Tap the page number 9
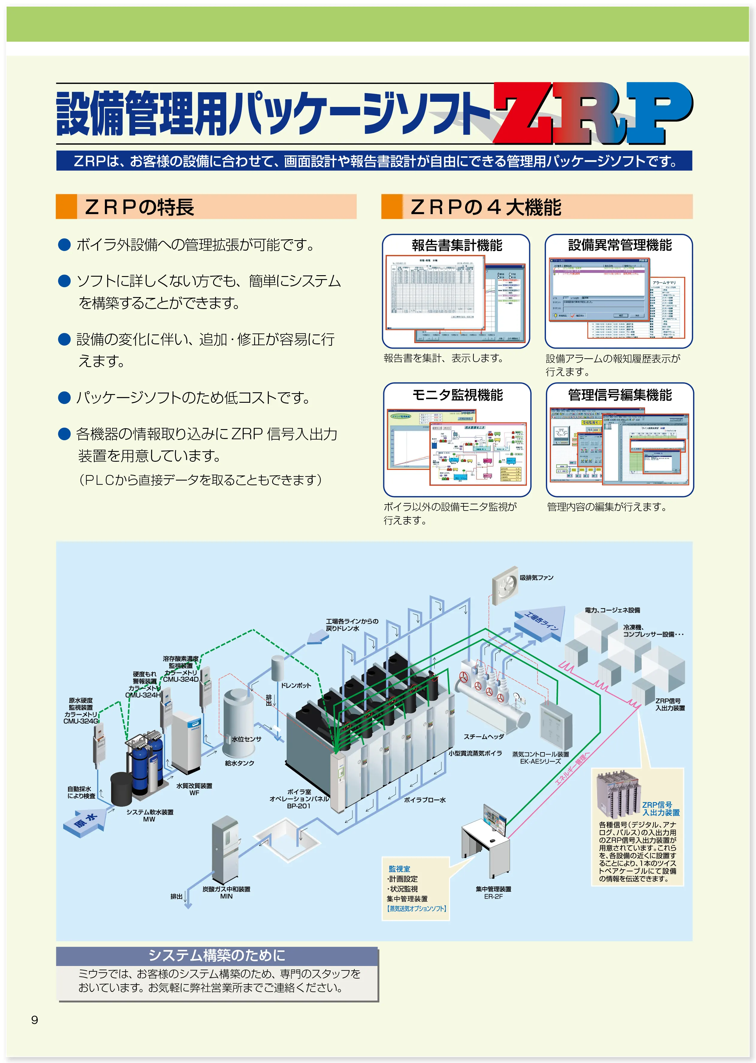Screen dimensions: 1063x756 pos(34,1020)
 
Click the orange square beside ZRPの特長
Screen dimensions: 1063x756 pos(66,207)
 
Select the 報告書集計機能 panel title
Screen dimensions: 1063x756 pos(457,245)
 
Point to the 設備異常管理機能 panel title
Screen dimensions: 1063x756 pos(620,245)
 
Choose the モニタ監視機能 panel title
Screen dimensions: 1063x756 pos(457,395)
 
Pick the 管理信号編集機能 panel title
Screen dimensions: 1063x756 pos(620,395)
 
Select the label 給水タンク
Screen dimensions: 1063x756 pos(239,763)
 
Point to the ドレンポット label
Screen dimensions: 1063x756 pos(296,685)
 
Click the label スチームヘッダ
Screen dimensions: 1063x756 pos(483,736)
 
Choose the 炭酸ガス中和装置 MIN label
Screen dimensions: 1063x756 pos(226,892)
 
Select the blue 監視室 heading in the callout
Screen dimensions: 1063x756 pos(399,869)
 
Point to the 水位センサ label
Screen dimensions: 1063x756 pos(246,739)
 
